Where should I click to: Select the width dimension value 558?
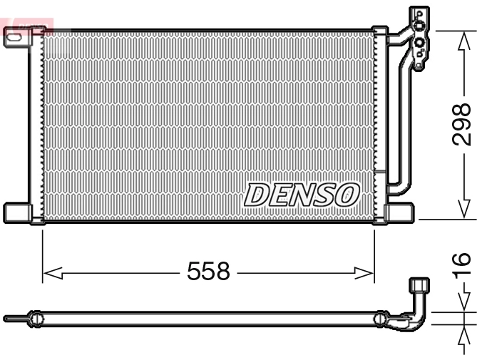[x=208, y=272]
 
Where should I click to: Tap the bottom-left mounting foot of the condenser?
[x=16, y=212]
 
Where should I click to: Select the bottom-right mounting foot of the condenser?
[x=399, y=212]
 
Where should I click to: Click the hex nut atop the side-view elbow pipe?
[x=420, y=285]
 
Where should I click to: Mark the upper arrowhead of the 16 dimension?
[x=463, y=301]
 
